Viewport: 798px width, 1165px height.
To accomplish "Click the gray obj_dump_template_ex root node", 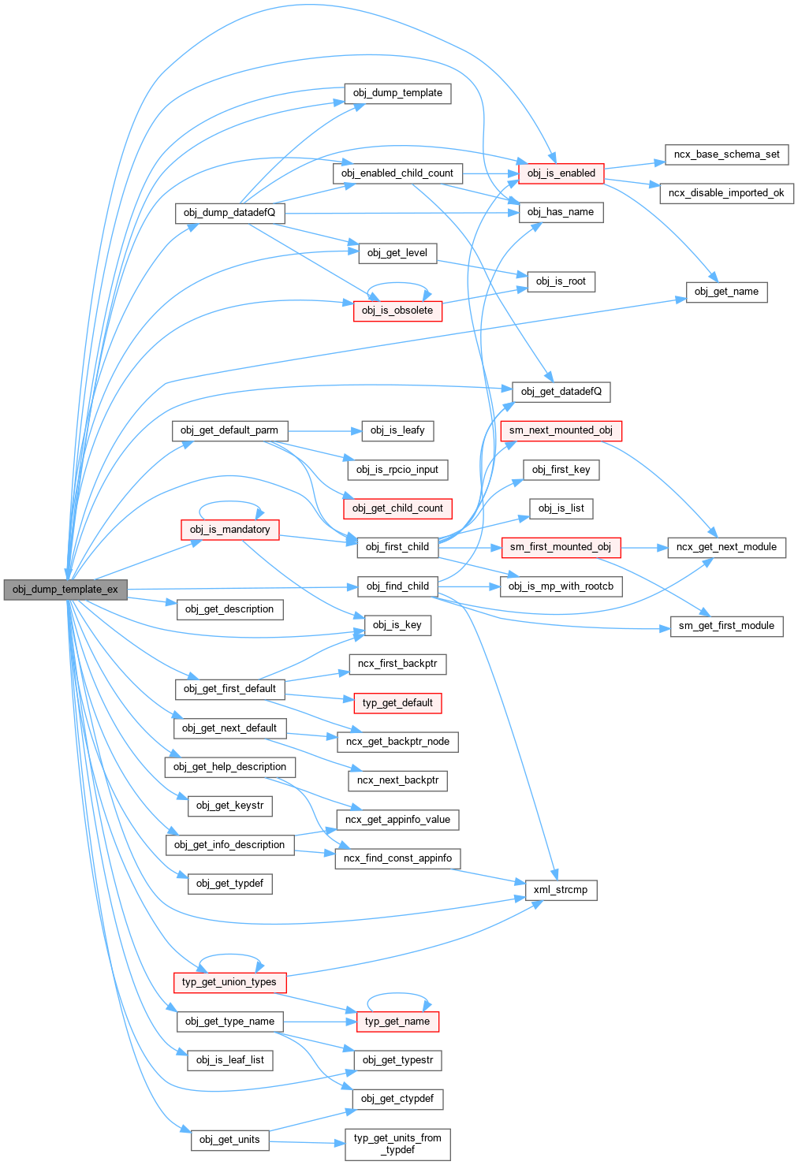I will (65, 589).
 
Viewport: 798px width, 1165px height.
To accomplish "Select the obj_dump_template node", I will (397, 93).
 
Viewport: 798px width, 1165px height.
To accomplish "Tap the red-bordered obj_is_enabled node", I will (561, 173).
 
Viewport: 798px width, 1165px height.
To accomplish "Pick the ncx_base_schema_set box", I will (726, 154).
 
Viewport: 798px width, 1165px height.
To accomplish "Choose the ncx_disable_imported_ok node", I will (726, 193).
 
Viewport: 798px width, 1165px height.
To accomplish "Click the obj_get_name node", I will (726, 292).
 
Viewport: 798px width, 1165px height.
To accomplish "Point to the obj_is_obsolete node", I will (397, 311).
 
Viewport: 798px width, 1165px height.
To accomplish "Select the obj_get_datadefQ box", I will (561, 392).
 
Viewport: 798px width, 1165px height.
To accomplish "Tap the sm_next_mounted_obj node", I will (561, 430).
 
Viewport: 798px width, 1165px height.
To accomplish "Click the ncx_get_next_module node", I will (726, 547).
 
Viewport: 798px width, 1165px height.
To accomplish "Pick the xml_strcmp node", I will (561, 890).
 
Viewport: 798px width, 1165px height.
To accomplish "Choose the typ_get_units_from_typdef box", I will (397, 1144).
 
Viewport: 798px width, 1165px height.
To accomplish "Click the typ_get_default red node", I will (397, 703).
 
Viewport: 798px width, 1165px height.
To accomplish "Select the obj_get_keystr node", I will (230, 806).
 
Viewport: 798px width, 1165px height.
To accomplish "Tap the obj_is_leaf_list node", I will (230, 1060).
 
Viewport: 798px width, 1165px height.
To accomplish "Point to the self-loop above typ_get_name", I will (397, 994).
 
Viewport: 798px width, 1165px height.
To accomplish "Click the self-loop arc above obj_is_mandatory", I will (230, 502).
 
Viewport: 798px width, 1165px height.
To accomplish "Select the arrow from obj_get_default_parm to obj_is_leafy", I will (323, 431).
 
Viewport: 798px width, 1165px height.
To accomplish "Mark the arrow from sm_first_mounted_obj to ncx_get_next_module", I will (643, 547).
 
